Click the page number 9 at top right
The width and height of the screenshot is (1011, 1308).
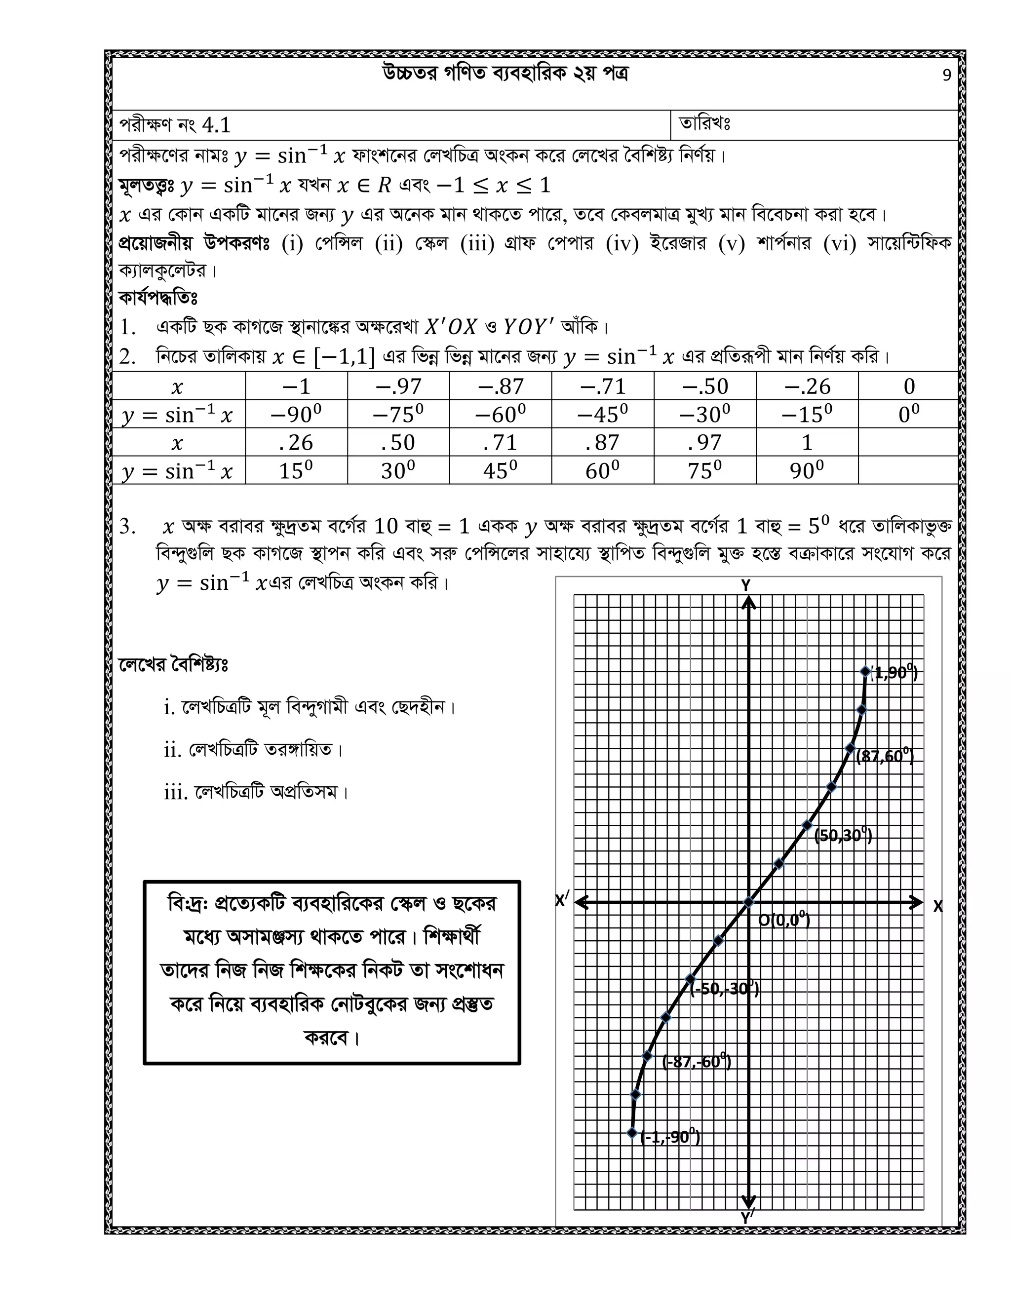[946, 76]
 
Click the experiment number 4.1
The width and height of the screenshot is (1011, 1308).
[216, 125]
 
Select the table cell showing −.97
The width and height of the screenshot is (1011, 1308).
[398, 386]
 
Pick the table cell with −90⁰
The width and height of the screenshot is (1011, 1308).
[296, 414]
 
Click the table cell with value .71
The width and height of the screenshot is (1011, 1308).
[500, 442]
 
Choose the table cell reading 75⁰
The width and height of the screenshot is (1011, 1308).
[704, 470]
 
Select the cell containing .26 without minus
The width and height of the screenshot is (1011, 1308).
[296, 442]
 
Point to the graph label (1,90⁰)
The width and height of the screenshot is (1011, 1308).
[894, 673]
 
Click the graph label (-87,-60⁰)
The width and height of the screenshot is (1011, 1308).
[697, 1061]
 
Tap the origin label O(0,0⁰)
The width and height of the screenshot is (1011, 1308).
[784, 920]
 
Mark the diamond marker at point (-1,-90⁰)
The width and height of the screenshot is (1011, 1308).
[632, 1132]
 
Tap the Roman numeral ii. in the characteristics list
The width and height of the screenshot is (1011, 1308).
[172, 750]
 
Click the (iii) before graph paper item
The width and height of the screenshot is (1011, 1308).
[477, 244]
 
